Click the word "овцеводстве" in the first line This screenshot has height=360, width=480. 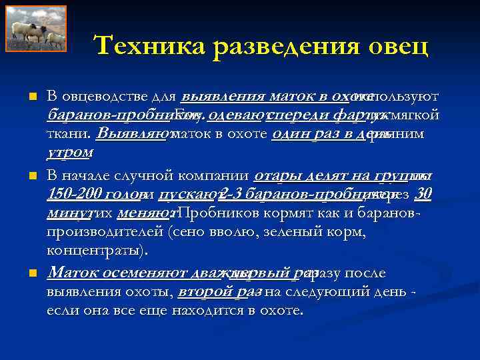(x=102, y=97)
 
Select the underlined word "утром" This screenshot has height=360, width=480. (x=69, y=152)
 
